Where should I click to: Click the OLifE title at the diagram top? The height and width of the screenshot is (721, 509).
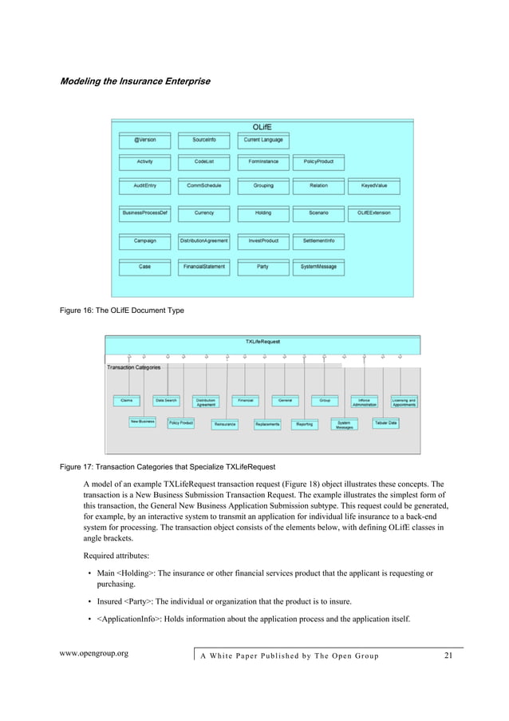point(262,127)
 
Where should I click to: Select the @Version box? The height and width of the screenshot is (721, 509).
point(144,140)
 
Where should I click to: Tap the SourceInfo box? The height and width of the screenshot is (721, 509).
point(204,140)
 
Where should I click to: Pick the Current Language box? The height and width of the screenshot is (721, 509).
point(263,140)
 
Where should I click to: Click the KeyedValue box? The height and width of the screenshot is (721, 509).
point(373,185)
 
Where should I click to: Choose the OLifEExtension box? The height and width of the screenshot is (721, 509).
point(373,213)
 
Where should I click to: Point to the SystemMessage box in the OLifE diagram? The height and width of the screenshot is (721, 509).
point(318,266)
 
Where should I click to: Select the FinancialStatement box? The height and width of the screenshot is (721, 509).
point(204,266)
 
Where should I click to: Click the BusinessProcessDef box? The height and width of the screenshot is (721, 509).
point(144,213)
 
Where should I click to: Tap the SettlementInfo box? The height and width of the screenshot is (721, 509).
point(318,240)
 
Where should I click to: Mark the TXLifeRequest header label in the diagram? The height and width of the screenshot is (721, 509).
point(262,341)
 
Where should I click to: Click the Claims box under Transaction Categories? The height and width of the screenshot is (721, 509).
point(126,400)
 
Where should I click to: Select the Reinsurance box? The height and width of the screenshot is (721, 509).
point(225,424)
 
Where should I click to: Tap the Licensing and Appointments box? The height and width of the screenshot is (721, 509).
point(404,402)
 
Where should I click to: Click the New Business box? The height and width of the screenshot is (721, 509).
point(143,422)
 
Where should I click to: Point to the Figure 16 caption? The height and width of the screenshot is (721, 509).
point(122,310)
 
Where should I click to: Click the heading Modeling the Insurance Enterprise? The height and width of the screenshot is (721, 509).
point(136,81)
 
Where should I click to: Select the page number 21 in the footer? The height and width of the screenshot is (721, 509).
point(448,656)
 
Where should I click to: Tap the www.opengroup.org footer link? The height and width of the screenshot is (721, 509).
point(95,655)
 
